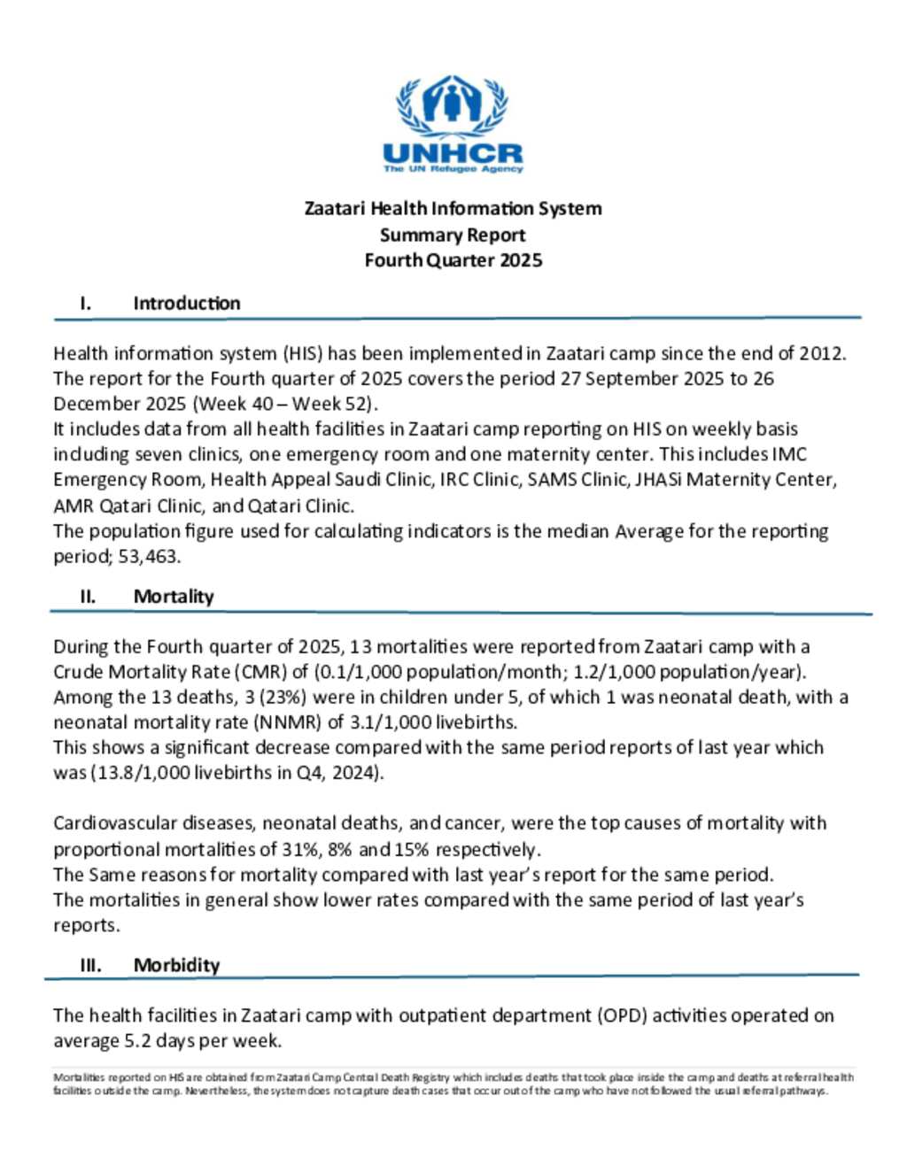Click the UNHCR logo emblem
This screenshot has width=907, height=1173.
coord(453,104)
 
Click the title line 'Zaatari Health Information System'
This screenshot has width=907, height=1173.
coord(453,209)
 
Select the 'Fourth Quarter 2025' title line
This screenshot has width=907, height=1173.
coord(453,260)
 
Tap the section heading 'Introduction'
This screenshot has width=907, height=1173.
coord(186,303)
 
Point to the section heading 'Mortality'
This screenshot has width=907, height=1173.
coord(174,597)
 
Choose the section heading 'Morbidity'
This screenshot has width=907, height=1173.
coord(176,965)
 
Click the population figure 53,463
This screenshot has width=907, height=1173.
coord(155,557)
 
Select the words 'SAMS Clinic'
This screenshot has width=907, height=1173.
coord(577,480)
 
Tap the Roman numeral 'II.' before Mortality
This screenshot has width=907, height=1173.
coord(88,597)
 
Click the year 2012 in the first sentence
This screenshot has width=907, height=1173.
coord(821,353)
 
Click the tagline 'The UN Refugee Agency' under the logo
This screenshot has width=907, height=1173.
coord(453,168)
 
